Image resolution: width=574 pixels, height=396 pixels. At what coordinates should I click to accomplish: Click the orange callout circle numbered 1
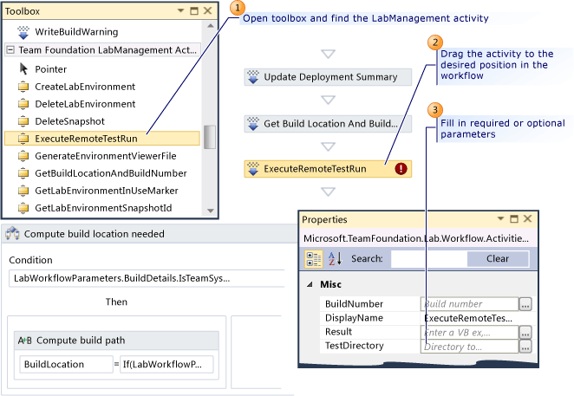(x=238, y=8)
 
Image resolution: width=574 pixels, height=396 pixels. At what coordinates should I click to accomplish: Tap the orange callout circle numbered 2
(x=435, y=42)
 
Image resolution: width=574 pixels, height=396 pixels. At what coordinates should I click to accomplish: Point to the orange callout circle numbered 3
(x=435, y=110)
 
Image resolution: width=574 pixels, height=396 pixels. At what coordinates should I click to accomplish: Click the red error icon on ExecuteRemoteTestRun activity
(x=401, y=169)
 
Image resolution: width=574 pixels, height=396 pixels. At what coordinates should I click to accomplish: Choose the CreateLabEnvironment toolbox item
(x=85, y=87)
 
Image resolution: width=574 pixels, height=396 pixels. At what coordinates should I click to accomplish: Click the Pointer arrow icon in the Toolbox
(x=23, y=68)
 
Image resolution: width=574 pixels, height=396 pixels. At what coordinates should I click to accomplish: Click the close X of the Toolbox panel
(x=207, y=10)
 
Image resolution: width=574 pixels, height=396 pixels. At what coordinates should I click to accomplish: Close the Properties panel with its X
(x=527, y=219)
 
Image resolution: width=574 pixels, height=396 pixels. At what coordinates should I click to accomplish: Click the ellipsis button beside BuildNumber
(x=525, y=304)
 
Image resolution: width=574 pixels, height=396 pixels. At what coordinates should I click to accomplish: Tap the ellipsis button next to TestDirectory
(x=525, y=347)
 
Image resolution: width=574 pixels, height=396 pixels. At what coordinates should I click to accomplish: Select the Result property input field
(x=470, y=333)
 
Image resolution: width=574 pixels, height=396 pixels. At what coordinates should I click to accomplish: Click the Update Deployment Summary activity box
(x=328, y=77)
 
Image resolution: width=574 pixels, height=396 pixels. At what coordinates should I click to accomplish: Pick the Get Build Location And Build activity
(x=328, y=124)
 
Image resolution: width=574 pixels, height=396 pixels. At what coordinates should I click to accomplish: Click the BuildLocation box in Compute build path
(x=66, y=364)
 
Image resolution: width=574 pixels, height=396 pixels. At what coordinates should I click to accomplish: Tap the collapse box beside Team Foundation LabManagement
(x=10, y=49)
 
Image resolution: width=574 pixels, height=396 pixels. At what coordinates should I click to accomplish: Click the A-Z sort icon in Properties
(x=335, y=258)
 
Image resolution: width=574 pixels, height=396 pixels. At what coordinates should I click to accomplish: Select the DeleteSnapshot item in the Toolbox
(x=69, y=121)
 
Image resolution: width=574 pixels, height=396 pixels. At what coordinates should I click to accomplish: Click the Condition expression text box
(x=147, y=278)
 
